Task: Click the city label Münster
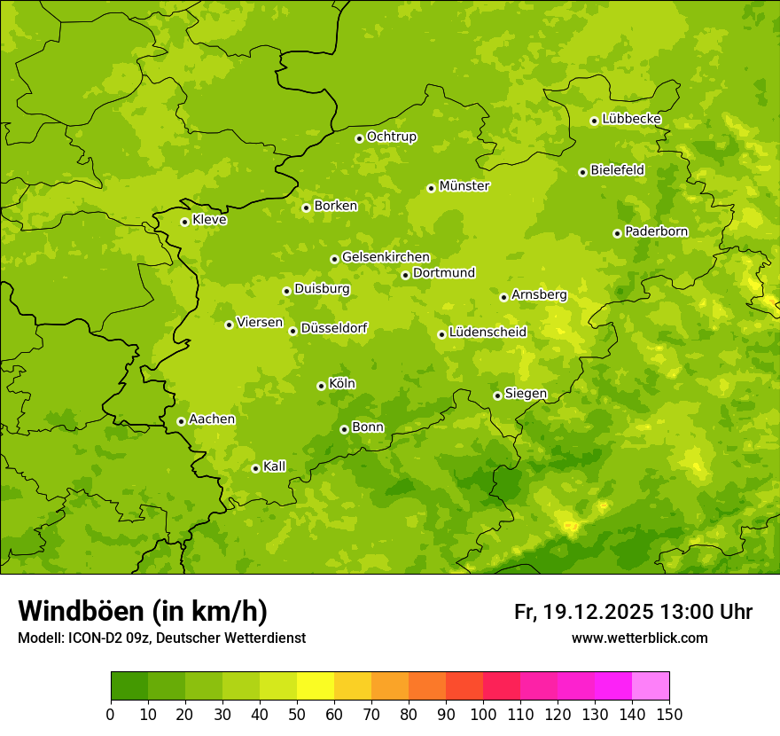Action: (x=464, y=186)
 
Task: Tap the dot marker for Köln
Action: (x=321, y=386)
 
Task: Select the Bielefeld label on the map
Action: (x=618, y=169)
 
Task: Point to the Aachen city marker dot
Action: (x=181, y=421)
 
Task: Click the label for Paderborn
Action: (x=657, y=231)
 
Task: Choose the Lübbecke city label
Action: (x=632, y=119)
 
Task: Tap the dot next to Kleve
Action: (x=184, y=222)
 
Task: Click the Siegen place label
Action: (x=526, y=394)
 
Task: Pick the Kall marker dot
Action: (x=255, y=468)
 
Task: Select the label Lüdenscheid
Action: (x=488, y=333)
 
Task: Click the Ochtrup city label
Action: (x=392, y=137)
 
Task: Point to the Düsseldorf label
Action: (x=334, y=328)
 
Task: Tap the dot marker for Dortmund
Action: (x=405, y=275)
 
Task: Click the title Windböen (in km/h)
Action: (x=143, y=611)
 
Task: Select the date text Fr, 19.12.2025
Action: (x=584, y=612)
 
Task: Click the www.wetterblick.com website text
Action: (x=639, y=638)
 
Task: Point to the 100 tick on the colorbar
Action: (x=483, y=715)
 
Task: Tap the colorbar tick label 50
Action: (x=297, y=715)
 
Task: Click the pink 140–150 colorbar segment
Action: (x=651, y=686)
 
